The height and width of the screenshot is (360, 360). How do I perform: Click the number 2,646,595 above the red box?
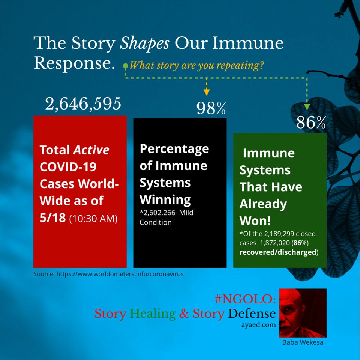pyautogui.click(x=83, y=104)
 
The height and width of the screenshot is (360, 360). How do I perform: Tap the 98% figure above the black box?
pyautogui.click(x=211, y=108)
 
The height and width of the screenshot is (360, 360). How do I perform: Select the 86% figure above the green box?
pyautogui.click(x=311, y=122)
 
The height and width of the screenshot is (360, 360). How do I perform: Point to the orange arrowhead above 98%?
pyautogui.click(x=207, y=92)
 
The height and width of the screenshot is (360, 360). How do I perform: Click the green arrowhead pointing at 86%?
pyautogui.click(x=307, y=107)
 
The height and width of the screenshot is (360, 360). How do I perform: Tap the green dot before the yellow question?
pyautogui.click(x=125, y=66)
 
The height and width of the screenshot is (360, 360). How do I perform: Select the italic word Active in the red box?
pyautogui.click(x=91, y=150)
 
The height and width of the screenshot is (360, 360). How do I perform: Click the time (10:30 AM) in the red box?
pyautogui.click(x=93, y=218)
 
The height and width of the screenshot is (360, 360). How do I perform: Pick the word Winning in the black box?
pyautogui.click(x=165, y=200)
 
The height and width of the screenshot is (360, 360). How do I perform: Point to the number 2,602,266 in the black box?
pyautogui.click(x=157, y=213)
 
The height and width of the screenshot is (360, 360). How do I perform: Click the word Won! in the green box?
pyautogui.click(x=255, y=221)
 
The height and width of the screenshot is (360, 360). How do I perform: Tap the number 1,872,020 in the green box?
pyautogui.click(x=274, y=243)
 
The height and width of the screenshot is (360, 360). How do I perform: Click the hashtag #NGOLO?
pyautogui.click(x=245, y=299)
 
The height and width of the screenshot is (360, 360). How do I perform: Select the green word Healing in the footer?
pyautogui.click(x=153, y=313)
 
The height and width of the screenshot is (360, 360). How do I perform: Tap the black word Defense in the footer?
pyautogui.click(x=252, y=313)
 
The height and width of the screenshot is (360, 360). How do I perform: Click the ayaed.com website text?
pyautogui.click(x=258, y=325)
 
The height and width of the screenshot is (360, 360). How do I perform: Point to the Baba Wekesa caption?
pyautogui.click(x=303, y=342)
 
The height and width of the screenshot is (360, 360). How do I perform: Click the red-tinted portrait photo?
pyautogui.click(x=303, y=313)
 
